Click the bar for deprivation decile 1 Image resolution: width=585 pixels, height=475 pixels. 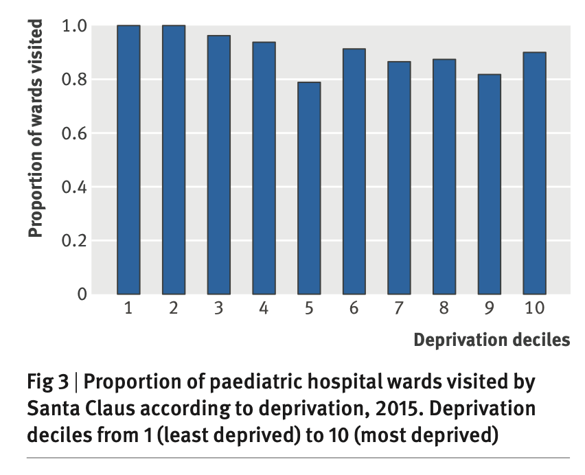128,159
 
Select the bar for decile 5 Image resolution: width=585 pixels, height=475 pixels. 308,188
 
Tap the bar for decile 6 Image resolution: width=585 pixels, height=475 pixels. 354,172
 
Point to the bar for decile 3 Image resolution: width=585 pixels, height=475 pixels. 218,165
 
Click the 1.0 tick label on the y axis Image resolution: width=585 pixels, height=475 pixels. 75,26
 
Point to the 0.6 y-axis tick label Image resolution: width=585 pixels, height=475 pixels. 75,133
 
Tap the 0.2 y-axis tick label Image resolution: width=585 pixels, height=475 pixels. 75,241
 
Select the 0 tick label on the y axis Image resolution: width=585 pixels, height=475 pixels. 82,294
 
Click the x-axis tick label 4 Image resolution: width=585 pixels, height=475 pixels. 264,308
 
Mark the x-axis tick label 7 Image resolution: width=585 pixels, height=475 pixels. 399,308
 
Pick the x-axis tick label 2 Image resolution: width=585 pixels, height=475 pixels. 174,308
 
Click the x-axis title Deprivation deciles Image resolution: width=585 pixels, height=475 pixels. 492,340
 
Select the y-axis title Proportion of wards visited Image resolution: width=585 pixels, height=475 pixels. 36,128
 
